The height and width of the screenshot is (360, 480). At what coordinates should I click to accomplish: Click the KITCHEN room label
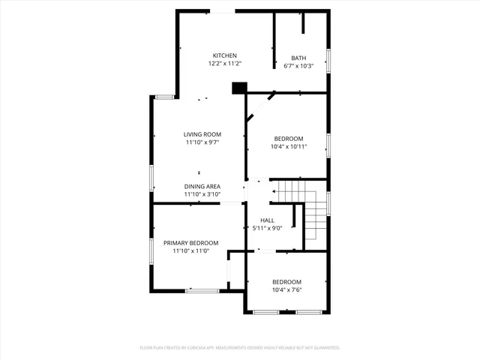point(224,55)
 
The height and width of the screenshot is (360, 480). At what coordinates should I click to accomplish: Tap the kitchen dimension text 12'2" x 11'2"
point(224,64)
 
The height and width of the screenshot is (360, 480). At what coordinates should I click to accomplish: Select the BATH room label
point(298,58)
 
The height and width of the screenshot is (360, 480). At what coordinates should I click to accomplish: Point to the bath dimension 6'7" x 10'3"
point(298,66)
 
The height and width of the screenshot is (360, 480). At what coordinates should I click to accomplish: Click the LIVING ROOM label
point(202,134)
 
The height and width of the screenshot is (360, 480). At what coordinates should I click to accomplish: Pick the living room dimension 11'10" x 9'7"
point(202,142)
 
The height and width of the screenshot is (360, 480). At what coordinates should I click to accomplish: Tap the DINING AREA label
point(202,186)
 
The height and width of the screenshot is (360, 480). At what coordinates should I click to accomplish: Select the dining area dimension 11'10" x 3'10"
point(202,194)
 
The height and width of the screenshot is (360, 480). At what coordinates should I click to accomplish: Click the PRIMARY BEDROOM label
point(190,243)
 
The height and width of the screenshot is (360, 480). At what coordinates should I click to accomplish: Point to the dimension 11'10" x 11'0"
point(190,251)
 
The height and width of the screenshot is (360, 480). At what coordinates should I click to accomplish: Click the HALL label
point(267,220)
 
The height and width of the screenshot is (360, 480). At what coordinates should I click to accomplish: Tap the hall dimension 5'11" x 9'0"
point(267,228)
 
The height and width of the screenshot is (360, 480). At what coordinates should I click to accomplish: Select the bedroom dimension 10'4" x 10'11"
point(288,147)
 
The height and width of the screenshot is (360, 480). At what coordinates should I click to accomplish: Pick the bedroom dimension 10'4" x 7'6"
point(286,290)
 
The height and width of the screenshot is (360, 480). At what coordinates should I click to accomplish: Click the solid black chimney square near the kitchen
point(239,88)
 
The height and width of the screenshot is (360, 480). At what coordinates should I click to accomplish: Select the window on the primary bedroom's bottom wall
point(202,290)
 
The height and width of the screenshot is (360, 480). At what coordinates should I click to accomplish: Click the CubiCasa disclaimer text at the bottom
point(240,348)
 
